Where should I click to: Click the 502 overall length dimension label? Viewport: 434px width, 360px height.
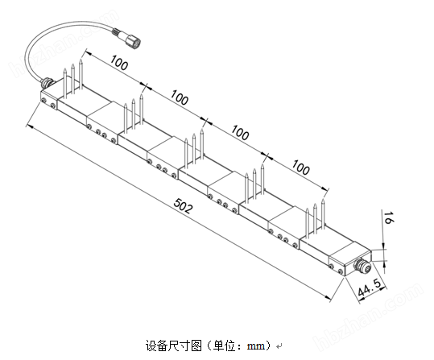click(183, 205)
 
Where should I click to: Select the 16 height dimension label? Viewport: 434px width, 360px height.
click(388, 217)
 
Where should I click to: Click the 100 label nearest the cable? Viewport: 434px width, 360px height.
click(119, 63)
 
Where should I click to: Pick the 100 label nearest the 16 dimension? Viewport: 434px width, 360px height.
click(300, 168)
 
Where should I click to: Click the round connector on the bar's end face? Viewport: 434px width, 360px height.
click(363, 265)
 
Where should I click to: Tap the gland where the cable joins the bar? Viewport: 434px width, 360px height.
click(46, 83)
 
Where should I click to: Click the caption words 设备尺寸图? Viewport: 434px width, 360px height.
click(174, 346)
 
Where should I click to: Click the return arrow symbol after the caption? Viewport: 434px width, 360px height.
click(279, 346)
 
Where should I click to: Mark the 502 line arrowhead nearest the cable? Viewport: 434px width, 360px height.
click(30, 126)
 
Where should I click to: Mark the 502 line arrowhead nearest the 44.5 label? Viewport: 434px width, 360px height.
click(328, 297)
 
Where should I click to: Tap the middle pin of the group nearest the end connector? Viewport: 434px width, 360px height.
click(315, 218)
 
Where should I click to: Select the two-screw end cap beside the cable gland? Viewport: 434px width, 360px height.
click(49, 100)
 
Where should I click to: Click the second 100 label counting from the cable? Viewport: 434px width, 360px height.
click(180, 97)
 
